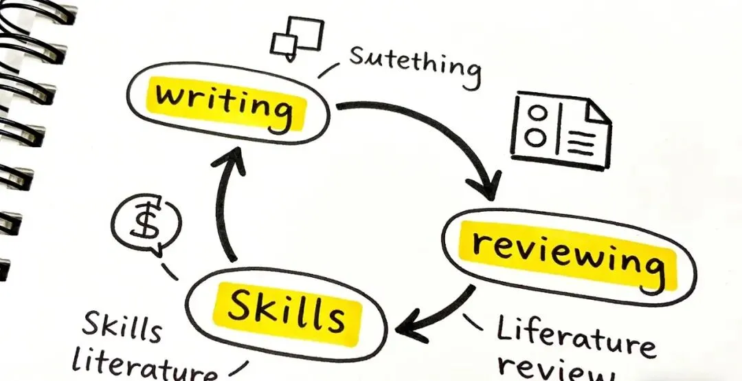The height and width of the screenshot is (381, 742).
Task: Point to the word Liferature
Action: point(574,338)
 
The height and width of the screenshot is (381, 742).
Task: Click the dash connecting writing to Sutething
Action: point(329,70)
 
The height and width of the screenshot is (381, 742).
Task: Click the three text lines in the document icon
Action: point(581,143)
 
